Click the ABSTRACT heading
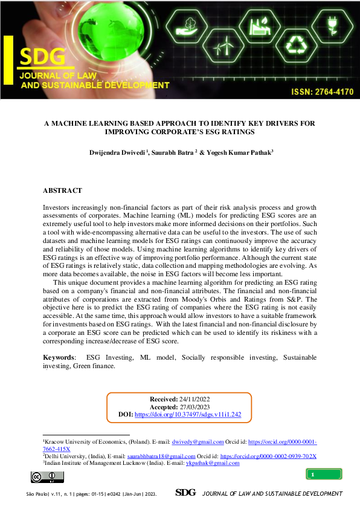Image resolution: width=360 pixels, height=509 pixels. point(62,190)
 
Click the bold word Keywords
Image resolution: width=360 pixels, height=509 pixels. point(59,358)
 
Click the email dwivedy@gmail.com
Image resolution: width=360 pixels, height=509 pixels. point(198,443)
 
